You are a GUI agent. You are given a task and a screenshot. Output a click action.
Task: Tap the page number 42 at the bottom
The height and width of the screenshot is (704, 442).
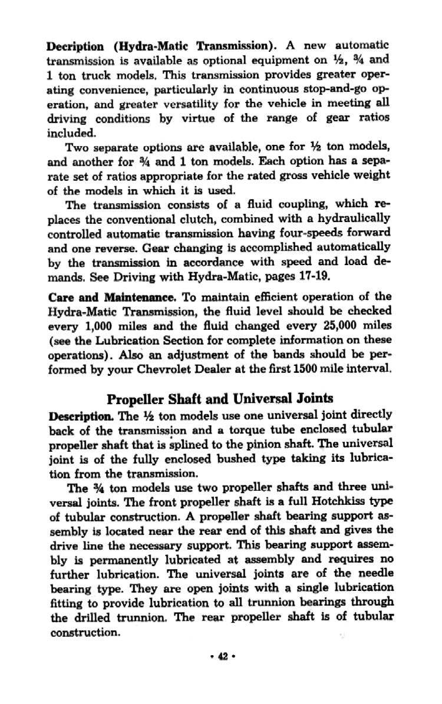coord(220,656)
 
